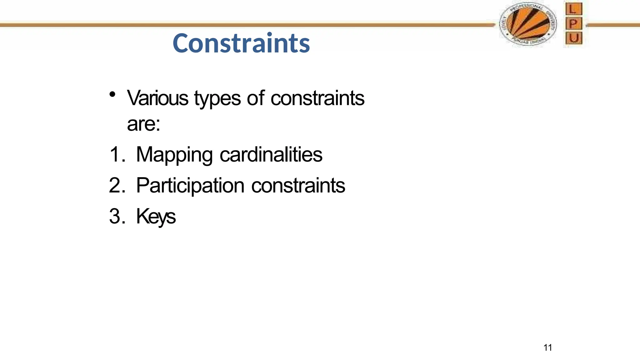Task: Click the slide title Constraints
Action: [x=241, y=43]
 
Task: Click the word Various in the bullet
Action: [x=157, y=98]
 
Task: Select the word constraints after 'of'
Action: [x=317, y=98]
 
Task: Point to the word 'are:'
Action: [x=143, y=124]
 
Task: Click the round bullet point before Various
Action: [x=112, y=94]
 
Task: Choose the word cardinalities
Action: [x=271, y=154]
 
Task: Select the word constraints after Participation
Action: [x=298, y=186]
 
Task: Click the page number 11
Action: [x=547, y=347]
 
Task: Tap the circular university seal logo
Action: [x=528, y=24]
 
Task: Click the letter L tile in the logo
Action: [x=573, y=9]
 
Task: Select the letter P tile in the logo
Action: [x=573, y=24]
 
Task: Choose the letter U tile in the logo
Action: [x=573, y=38]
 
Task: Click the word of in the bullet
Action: [x=256, y=98]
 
